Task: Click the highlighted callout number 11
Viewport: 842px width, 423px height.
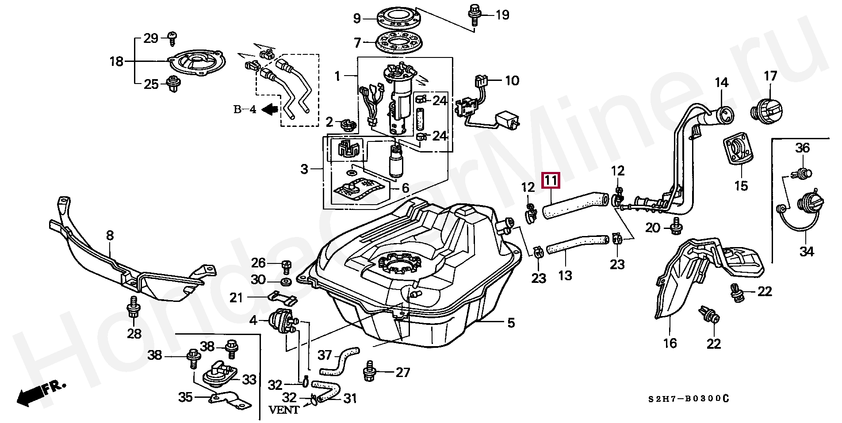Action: click(x=551, y=180)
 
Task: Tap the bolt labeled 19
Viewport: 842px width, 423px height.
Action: click(x=475, y=13)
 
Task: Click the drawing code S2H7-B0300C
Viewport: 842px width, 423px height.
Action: click(x=688, y=399)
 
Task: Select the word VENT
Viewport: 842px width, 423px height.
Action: click(x=284, y=410)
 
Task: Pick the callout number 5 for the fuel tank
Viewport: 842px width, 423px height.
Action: click(x=511, y=323)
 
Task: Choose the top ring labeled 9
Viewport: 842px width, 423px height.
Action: click(x=398, y=18)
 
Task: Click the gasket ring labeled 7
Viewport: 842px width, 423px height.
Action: click(x=399, y=42)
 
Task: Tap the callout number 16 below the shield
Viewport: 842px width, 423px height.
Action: click(x=670, y=343)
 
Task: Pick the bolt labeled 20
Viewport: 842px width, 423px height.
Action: click(x=675, y=226)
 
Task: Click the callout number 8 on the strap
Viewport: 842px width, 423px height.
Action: click(x=110, y=235)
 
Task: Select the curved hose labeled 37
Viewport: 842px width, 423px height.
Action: click(x=339, y=360)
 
